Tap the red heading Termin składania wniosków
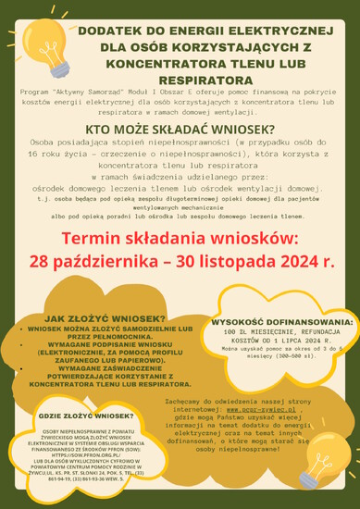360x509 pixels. (180, 240)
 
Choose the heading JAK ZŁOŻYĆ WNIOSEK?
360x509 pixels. (105, 318)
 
